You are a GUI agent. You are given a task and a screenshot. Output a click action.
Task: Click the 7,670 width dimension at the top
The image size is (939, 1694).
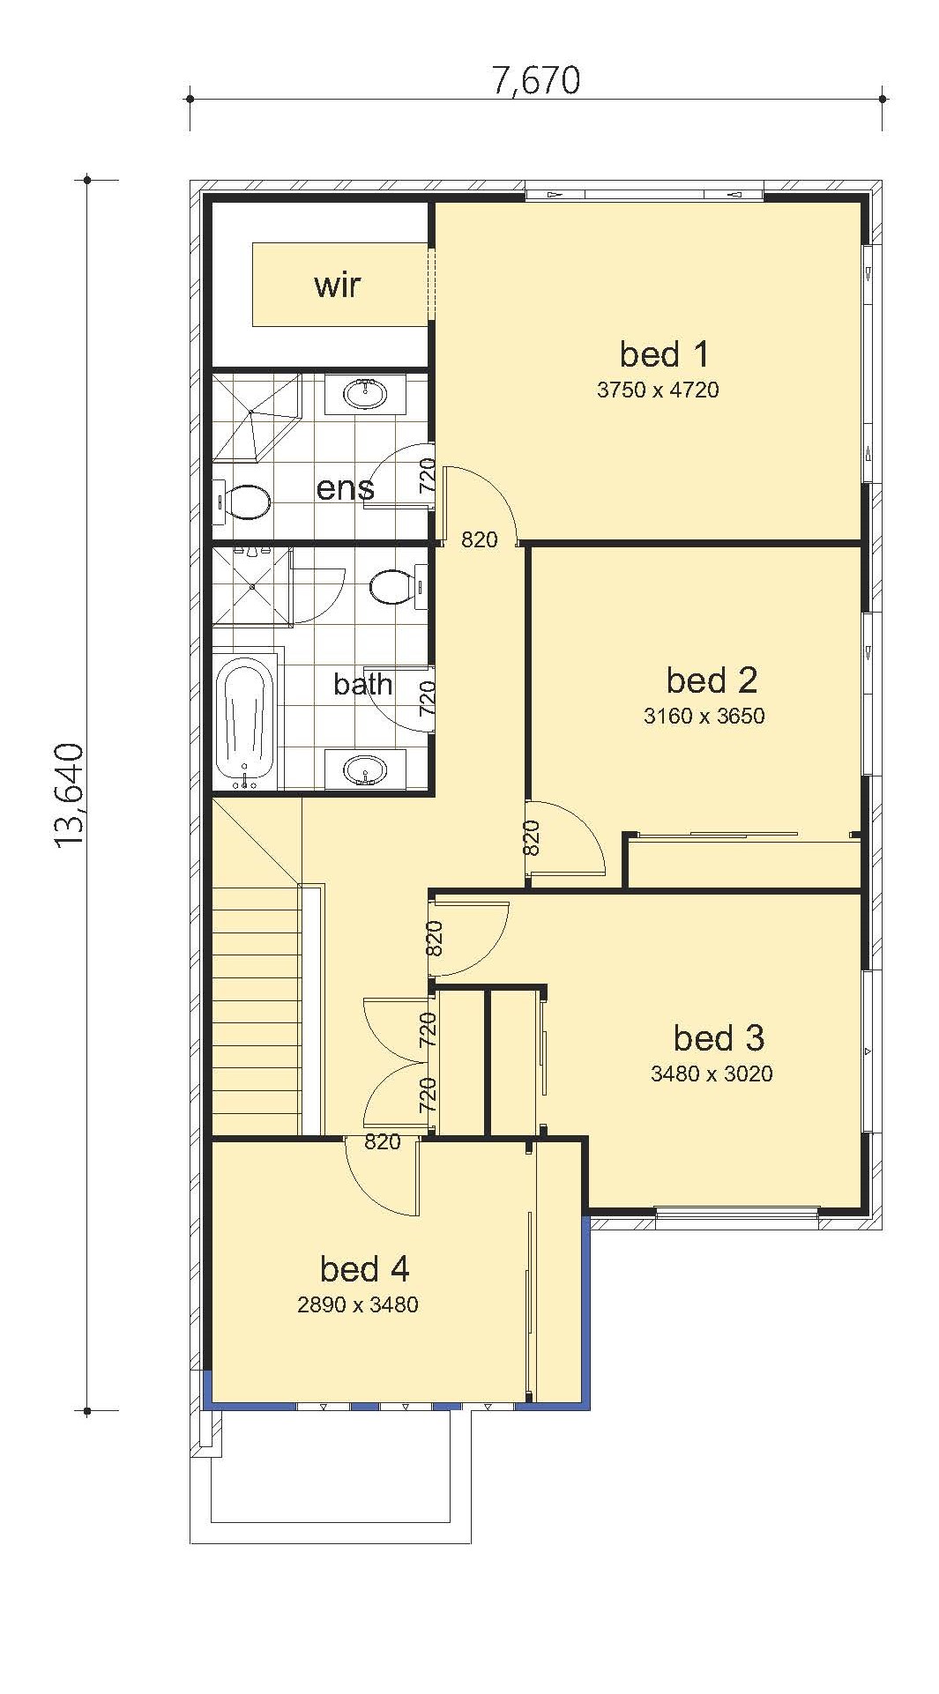pos(536,80)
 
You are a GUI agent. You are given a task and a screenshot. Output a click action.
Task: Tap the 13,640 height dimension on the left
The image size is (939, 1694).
pos(70,796)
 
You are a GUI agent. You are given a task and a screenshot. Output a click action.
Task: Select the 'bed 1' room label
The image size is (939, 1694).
pos(664,354)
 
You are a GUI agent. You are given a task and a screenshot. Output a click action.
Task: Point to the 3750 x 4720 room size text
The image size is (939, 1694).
pos(658,390)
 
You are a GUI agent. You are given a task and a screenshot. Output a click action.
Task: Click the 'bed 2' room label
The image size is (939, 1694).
pos(712,680)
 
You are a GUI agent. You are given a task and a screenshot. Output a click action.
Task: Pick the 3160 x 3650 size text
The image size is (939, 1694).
pos(704,716)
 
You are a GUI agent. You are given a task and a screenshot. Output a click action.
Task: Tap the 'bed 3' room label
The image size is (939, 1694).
pos(719,1038)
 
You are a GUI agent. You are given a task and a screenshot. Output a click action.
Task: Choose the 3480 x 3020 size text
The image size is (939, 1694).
pos(712,1074)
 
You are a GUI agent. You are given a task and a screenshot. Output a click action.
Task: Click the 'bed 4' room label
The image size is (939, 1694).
pos(364,1269)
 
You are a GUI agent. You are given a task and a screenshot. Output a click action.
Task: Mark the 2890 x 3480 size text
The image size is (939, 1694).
pos(358,1304)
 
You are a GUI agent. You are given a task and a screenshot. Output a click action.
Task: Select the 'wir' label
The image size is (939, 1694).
pos(338,286)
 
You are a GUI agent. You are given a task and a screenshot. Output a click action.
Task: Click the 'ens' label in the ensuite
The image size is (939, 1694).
pos(345,488)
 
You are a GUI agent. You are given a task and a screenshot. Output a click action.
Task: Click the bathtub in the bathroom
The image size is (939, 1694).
pos(246,719)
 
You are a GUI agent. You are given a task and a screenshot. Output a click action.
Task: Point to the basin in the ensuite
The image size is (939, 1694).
pos(365,393)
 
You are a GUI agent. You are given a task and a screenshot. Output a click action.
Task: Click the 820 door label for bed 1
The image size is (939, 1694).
pos(480,539)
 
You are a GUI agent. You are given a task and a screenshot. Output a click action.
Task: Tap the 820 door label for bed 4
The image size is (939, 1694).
pos(383,1142)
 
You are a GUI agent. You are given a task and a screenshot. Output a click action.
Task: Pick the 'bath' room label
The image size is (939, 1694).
pos(363,684)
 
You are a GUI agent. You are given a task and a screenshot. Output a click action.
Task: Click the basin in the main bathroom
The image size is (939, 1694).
pos(365,770)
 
